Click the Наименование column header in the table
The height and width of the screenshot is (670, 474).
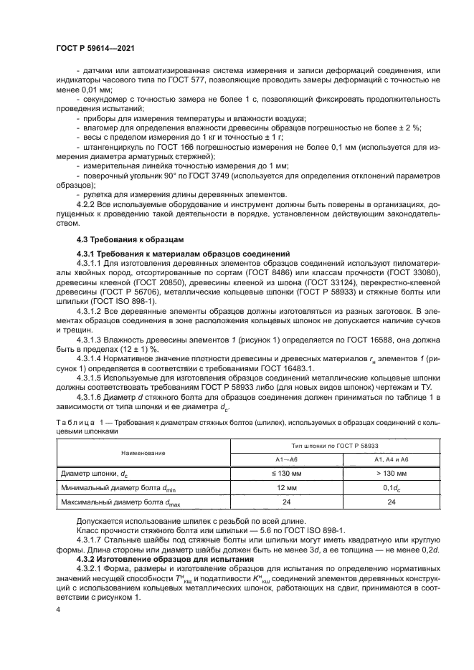pyautogui.click(x=143, y=453)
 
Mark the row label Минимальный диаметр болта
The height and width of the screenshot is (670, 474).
pyautogui.click(x=116, y=488)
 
